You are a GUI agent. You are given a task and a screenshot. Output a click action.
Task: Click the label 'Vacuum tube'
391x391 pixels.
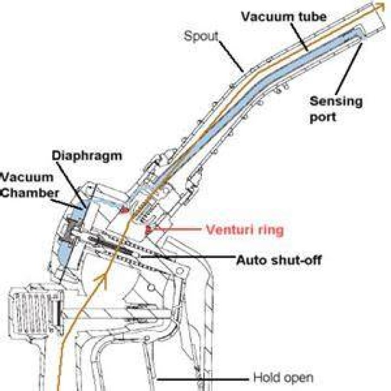click(284, 16)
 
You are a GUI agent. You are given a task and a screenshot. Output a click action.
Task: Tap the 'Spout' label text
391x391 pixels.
click(201, 37)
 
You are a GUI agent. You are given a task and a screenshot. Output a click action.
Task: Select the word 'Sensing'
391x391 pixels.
click(336, 102)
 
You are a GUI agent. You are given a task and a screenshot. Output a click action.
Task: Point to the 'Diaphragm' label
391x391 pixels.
click(87, 156)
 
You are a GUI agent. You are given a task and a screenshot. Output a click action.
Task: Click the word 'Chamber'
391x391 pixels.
click(29, 193)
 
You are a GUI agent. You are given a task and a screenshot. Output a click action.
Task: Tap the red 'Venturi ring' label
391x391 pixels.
click(245, 230)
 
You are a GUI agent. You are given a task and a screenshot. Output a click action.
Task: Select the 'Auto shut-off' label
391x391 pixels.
click(279, 260)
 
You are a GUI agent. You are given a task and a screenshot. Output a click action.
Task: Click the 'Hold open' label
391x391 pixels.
click(283, 377)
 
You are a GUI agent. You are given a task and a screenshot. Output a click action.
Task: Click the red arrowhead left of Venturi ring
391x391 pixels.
click(149, 230)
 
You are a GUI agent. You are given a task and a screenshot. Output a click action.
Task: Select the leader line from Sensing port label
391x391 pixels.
click(349, 69)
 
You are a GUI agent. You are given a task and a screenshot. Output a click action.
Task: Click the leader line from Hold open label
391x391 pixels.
click(203, 379)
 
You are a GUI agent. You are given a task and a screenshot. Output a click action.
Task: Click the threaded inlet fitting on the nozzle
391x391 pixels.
click(35, 310)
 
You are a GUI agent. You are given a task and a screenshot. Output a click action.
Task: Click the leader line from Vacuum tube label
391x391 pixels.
click(299, 37)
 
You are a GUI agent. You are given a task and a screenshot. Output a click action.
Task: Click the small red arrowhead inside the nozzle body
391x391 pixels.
click(124, 211)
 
